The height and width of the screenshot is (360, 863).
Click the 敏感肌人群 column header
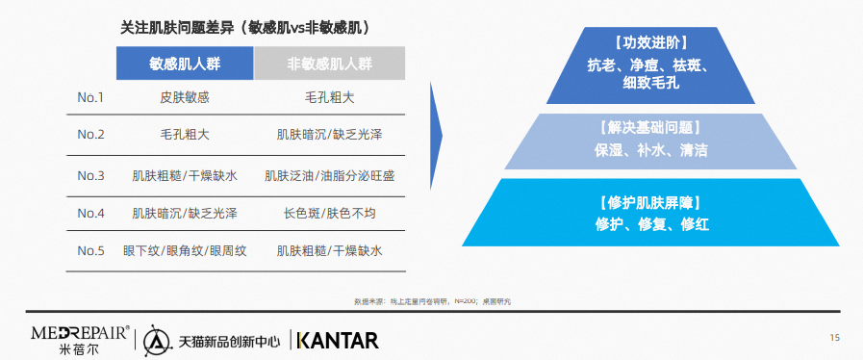185,64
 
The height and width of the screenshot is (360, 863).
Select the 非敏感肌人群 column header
330,64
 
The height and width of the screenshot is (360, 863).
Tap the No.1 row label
90,98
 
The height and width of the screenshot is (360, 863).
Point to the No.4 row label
90,214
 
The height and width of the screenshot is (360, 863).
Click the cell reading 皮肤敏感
185,98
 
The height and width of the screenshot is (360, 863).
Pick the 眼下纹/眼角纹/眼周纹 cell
185,251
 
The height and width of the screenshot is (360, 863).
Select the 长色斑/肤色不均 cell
330,214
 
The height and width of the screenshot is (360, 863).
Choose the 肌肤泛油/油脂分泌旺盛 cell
330,176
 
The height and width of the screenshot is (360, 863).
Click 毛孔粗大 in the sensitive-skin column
185,135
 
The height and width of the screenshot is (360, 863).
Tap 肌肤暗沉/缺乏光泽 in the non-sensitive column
330,135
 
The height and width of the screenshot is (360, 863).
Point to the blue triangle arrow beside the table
436,136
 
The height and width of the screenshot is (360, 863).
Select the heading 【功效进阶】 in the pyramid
650,43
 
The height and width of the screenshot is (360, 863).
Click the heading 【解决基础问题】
650,129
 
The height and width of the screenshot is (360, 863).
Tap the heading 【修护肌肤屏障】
650,203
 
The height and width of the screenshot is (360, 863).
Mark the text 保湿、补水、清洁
650,150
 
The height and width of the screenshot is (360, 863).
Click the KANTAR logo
338,340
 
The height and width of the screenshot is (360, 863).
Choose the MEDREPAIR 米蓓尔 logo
81,340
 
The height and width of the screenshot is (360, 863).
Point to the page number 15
834,338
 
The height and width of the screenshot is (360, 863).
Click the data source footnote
433,301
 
